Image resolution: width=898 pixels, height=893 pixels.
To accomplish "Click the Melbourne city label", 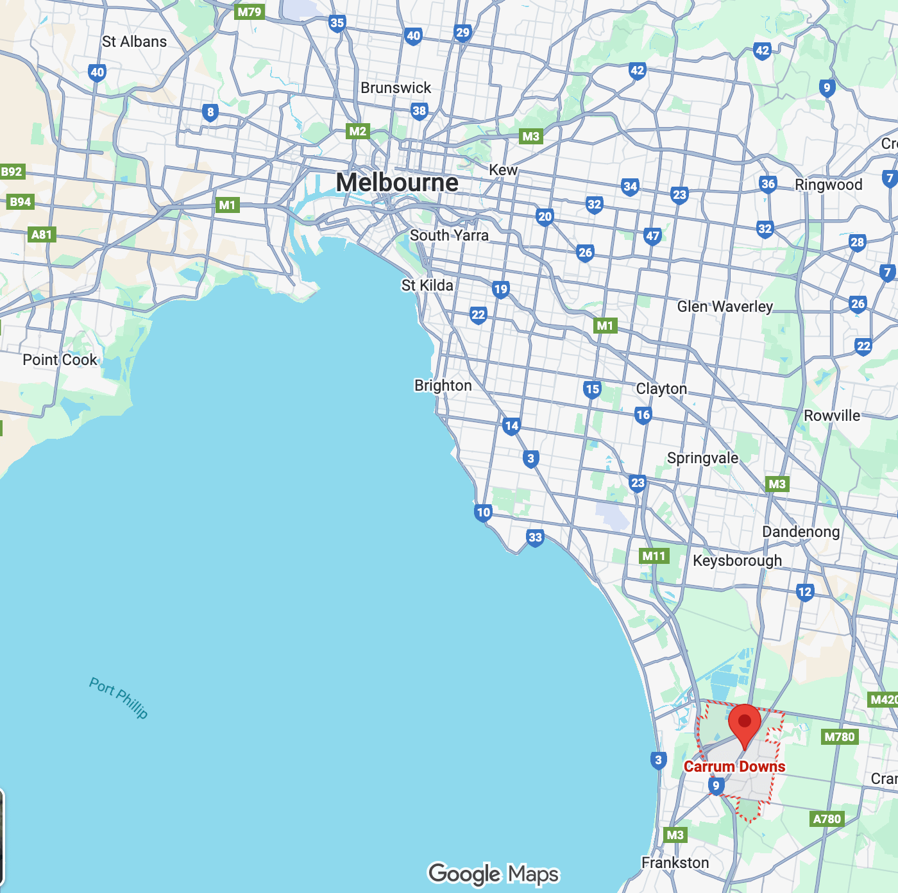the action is pyautogui.click(x=397, y=183).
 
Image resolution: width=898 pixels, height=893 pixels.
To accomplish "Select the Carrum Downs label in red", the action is pyautogui.click(x=734, y=767).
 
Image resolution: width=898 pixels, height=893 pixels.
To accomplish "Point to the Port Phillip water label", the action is pyautogui.click(x=119, y=698).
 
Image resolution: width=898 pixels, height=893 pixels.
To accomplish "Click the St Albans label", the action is pyautogui.click(x=134, y=42).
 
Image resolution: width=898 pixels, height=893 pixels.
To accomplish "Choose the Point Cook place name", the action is pyautogui.click(x=60, y=360).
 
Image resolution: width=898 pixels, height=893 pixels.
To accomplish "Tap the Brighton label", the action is pyautogui.click(x=443, y=386).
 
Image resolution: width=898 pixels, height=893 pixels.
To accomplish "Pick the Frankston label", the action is pyautogui.click(x=675, y=863).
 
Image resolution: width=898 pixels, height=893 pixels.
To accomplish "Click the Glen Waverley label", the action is pyautogui.click(x=725, y=307).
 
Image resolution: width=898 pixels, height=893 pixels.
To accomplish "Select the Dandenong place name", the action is pyautogui.click(x=801, y=532).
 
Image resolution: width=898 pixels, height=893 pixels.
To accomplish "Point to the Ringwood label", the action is pyautogui.click(x=828, y=185).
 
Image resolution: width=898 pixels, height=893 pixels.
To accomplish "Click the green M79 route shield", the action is pyautogui.click(x=249, y=12).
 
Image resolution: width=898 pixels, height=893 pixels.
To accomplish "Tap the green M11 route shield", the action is pyautogui.click(x=654, y=556).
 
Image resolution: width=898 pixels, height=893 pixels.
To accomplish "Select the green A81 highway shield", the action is pyautogui.click(x=42, y=235).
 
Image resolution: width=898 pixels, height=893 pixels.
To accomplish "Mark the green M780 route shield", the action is pyautogui.click(x=839, y=737).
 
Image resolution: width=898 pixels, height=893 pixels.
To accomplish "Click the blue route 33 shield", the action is pyautogui.click(x=535, y=538).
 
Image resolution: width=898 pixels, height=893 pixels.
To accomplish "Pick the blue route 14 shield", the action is pyautogui.click(x=511, y=425).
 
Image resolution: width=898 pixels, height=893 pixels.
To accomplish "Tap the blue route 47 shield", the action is pyautogui.click(x=652, y=236).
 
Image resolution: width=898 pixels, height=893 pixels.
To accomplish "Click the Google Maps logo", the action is pyautogui.click(x=493, y=874).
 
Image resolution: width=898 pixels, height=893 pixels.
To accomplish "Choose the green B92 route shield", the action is pyautogui.click(x=12, y=172).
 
